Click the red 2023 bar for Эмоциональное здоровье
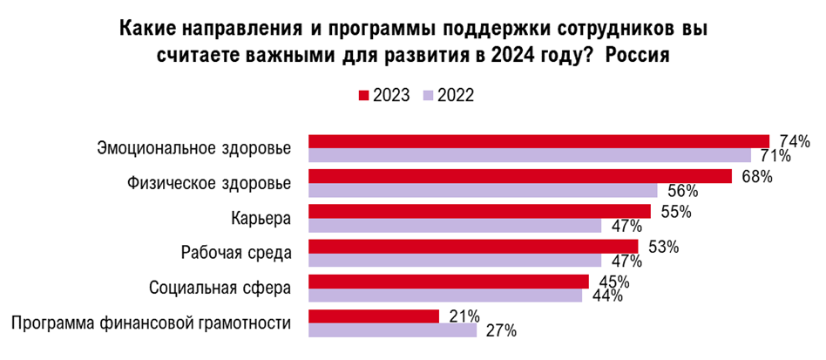coord(538,141)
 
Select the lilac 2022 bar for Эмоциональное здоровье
coord(530,155)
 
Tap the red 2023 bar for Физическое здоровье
coord(519,176)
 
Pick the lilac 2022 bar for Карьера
coord(455,226)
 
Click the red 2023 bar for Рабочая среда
coord(473,247)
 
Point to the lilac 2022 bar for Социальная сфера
coord(445,295)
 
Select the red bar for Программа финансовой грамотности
coord(374,316)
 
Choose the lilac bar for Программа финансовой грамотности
coord(392,330)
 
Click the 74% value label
coord(794,141)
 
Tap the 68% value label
coord(755,176)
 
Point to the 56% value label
coord(681,191)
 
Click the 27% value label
coord(500,331)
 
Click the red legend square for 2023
coord(364,95)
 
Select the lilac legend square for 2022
coord(428,95)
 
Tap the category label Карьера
coord(261,218)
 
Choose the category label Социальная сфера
coord(220,288)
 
